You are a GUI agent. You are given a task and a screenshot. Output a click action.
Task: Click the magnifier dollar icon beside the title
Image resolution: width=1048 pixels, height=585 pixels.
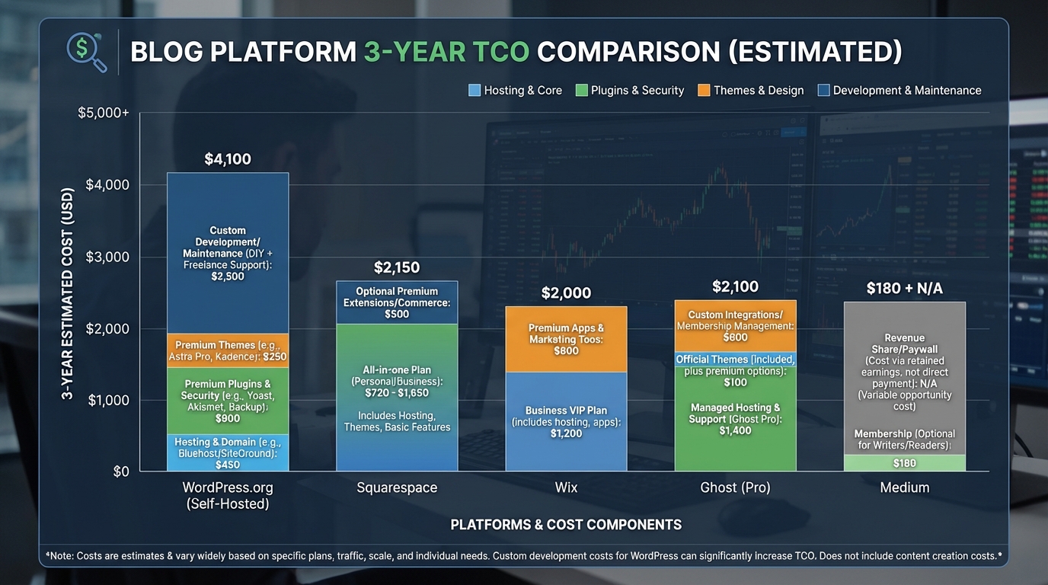(x=86, y=52)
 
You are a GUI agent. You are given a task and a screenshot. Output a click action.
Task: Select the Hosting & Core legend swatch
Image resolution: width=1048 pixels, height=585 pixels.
(x=474, y=91)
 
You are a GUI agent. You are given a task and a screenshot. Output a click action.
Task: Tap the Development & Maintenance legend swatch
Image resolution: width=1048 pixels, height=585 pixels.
(x=823, y=91)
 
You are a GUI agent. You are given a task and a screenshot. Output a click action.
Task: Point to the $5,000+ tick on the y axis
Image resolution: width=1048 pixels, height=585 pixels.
(x=104, y=113)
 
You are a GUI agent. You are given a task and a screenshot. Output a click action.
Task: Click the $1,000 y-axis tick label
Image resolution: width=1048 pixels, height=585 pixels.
(x=109, y=400)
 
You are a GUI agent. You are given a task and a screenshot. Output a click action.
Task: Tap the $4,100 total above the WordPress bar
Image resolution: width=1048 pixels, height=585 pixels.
(x=227, y=159)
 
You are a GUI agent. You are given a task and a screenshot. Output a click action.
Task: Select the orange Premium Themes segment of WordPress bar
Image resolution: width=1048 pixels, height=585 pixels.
(x=227, y=350)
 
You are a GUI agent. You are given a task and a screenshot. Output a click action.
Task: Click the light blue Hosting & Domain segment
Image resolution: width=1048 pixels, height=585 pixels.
(x=227, y=453)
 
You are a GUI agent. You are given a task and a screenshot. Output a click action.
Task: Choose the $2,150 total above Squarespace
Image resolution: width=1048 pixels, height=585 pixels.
(x=396, y=267)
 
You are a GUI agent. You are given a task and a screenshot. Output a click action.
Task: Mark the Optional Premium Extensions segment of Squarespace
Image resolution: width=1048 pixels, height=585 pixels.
(x=396, y=302)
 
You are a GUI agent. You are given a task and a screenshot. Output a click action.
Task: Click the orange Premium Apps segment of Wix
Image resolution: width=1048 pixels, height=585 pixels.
(x=566, y=339)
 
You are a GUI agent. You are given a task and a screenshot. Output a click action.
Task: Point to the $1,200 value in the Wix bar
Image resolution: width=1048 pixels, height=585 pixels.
(x=566, y=433)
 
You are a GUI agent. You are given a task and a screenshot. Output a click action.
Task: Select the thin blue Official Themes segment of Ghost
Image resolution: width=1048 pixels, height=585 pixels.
(x=735, y=359)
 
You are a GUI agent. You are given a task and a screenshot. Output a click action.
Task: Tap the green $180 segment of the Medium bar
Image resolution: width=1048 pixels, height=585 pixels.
(x=904, y=463)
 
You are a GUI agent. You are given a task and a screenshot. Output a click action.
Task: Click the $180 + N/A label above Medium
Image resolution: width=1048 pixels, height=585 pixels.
(x=904, y=289)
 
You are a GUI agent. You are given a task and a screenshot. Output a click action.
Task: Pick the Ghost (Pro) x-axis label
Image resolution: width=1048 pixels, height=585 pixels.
(x=735, y=487)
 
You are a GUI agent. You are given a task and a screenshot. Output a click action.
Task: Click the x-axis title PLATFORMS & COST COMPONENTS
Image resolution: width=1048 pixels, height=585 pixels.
(x=566, y=524)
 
